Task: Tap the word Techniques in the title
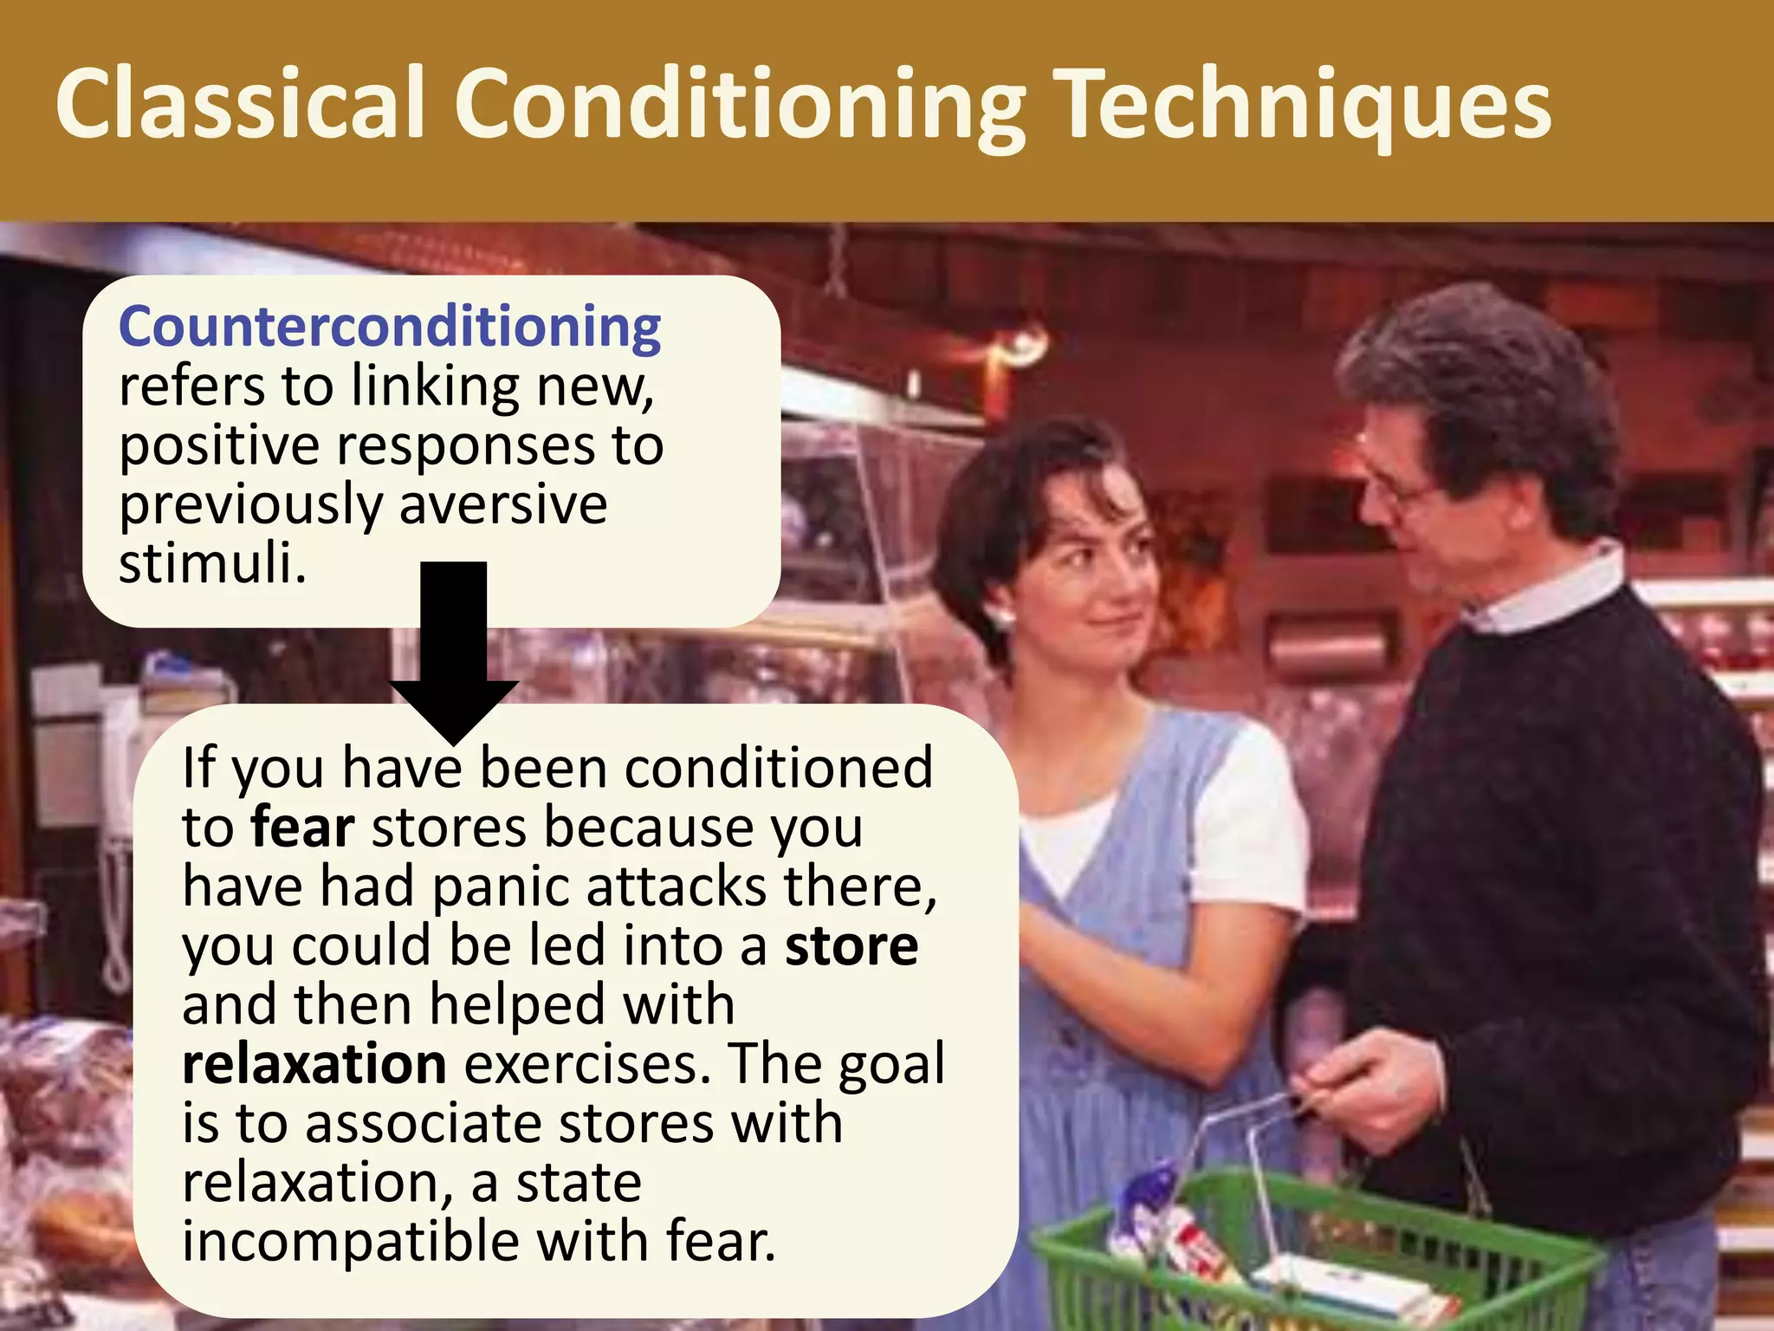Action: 1306,106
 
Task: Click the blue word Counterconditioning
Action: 390,328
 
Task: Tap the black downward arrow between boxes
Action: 454,650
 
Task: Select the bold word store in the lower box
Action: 851,945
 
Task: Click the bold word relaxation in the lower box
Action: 314,1063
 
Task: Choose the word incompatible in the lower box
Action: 350,1241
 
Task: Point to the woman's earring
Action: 1005,617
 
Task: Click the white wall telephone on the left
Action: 121,780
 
